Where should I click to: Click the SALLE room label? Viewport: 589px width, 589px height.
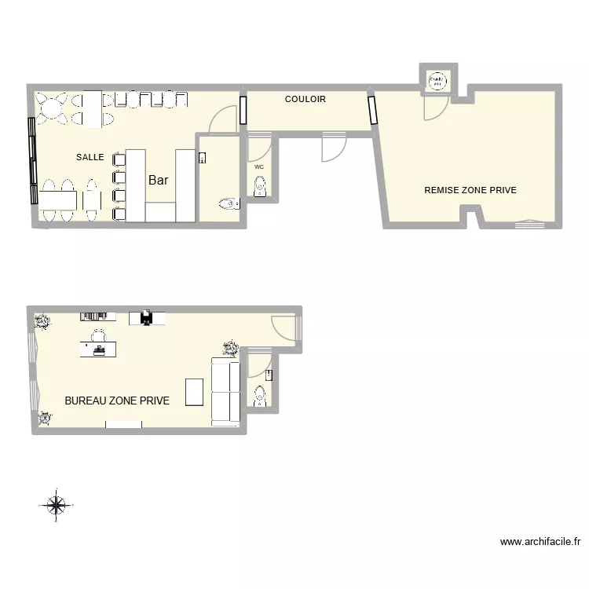pyautogui.click(x=90, y=157)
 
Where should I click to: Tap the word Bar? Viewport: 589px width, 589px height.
pyautogui.click(x=159, y=180)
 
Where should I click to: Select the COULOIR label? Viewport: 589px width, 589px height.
pyautogui.click(x=305, y=100)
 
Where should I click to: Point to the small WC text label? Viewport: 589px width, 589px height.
pyautogui.click(x=259, y=166)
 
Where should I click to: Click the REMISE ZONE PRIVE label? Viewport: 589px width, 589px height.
pyautogui.click(x=470, y=190)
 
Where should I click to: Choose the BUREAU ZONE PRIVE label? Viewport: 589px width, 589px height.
pyautogui.click(x=117, y=401)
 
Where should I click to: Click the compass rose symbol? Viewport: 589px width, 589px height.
pyautogui.click(x=56, y=505)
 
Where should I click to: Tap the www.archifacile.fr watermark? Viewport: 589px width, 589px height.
pyautogui.click(x=540, y=541)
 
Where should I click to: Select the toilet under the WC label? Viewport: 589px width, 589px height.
pyautogui.click(x=260, y=186)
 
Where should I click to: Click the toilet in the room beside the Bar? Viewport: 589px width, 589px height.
pyautogui.click(x=229, y=204)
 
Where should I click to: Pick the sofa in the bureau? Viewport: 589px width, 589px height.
pyautogui.click(x=225, y=390)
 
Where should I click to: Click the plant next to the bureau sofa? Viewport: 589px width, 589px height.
pyautogui.click(x=231, y=347)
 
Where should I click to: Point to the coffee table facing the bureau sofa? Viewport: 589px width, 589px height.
pyautogui.click(x=194, y=391)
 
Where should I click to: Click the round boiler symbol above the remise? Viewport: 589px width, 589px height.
pyautogui.click(x=436, y=80)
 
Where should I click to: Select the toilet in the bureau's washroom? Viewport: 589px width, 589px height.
pyautogui.click(x=260, y=397)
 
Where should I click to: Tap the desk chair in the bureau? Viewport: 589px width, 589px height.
pyautogui.click(x=98, y=337)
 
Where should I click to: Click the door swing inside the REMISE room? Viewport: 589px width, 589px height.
pyautogui.click(x=434, y=109)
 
